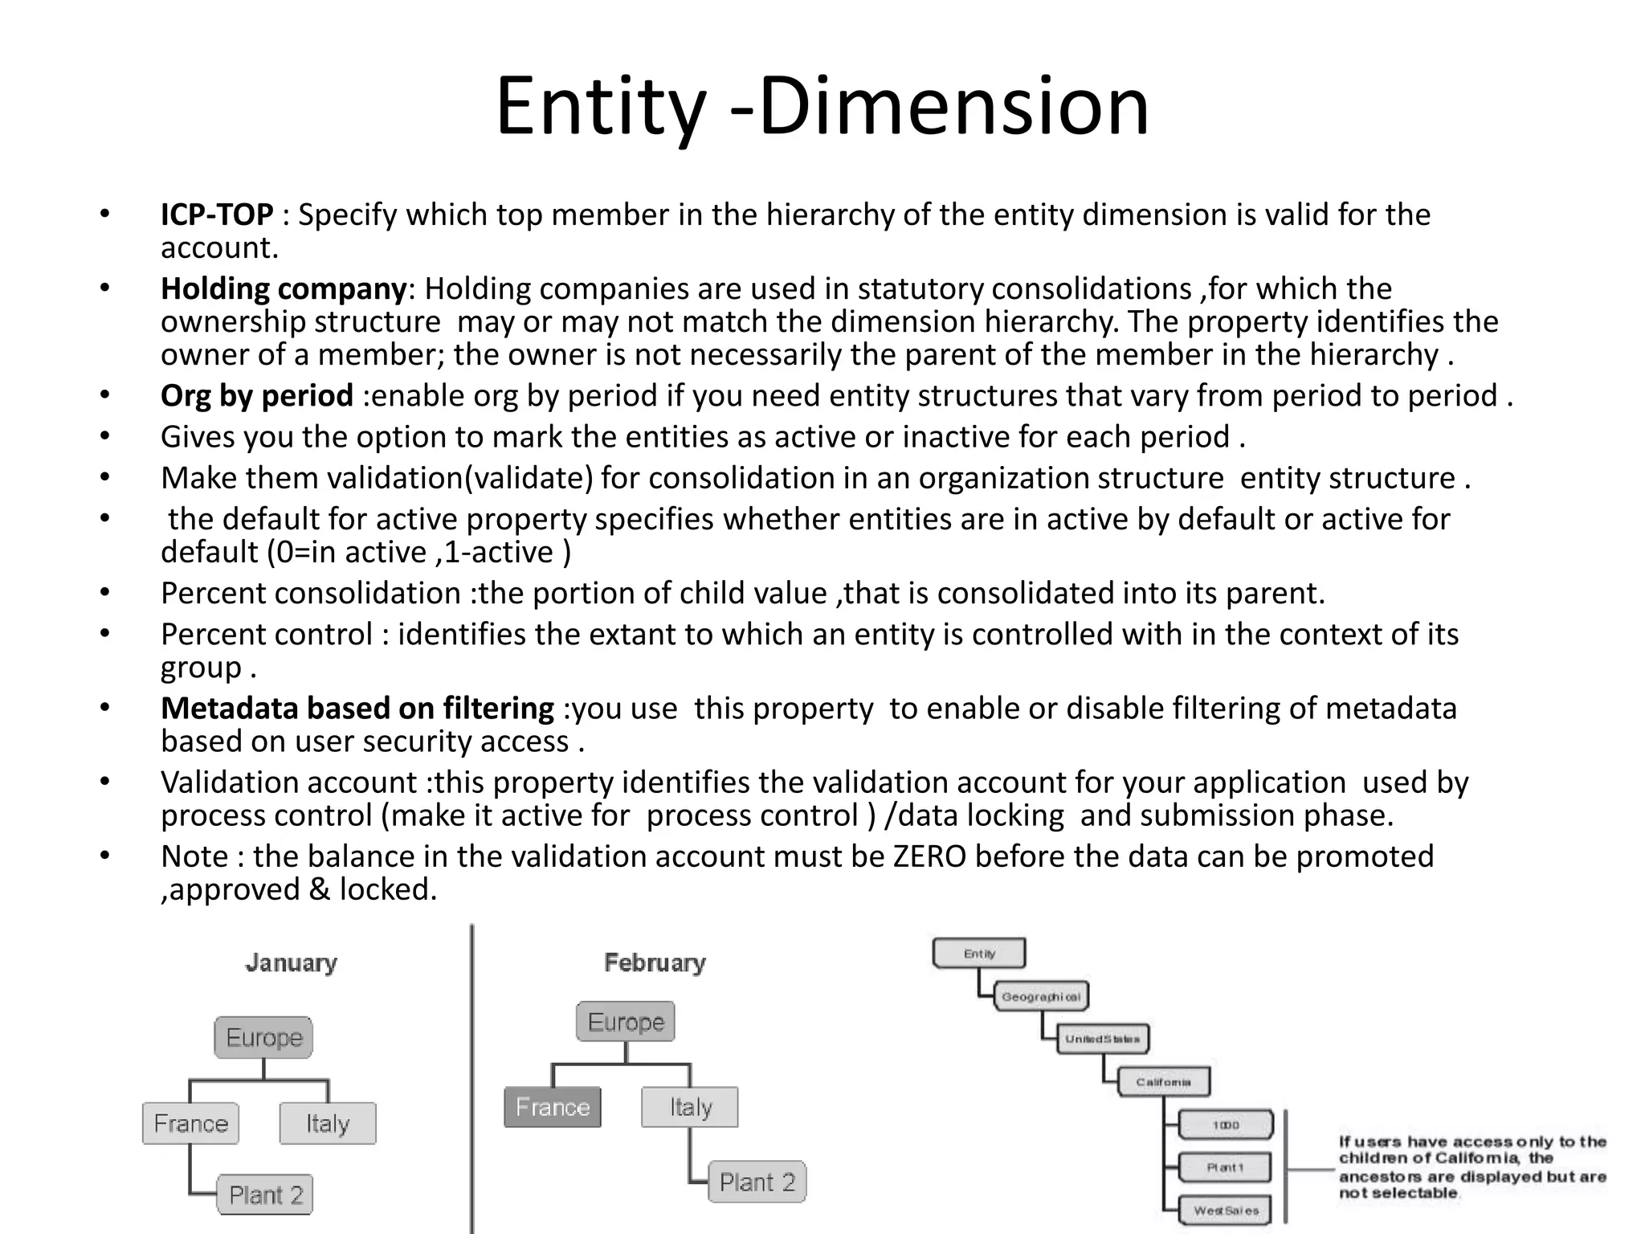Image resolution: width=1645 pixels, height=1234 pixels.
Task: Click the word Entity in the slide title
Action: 600,107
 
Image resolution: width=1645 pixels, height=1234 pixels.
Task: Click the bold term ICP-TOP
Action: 217,215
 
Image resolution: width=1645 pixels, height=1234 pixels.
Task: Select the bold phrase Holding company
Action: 284,289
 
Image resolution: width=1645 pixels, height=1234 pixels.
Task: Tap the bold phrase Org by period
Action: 256,396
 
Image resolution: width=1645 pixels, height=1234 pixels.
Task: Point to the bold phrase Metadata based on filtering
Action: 357,709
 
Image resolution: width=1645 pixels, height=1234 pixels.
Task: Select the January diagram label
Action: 291,962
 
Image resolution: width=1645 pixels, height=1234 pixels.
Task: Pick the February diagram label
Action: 655,962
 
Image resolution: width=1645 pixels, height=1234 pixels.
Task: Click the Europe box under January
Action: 263,1037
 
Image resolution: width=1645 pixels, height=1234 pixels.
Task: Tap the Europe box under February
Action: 626,1022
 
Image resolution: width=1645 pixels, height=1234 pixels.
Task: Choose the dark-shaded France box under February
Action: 553,1107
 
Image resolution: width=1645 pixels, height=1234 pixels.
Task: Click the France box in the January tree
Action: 191,1123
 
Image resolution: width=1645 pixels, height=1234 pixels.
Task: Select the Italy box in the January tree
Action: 328,1123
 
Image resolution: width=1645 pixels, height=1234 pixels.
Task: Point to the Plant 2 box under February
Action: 757,1182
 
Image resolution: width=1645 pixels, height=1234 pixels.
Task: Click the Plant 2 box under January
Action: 265,1195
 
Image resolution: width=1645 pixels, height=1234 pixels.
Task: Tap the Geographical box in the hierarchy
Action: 1041,997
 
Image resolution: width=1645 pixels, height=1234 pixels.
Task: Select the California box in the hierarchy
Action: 1163,1082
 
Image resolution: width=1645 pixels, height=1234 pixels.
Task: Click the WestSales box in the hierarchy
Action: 1226,1211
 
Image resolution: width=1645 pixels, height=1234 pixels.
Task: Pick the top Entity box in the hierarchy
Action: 979,954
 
